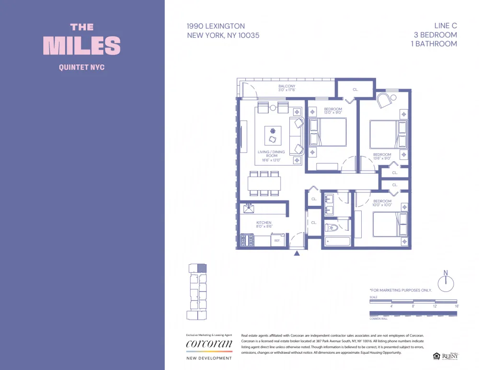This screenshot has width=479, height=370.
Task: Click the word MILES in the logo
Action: [x=82, y=45]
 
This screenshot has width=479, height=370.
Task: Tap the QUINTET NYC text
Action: [x=82, y=67]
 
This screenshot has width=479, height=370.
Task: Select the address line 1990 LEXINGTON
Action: [x=216, y=26]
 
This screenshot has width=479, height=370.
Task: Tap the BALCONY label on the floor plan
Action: [x=287, y=87]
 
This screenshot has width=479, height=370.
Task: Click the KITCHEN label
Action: [x=263, y=223]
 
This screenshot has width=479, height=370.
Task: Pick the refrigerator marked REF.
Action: [x=277, y=241]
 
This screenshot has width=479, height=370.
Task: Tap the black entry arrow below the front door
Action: [x=297, y=253]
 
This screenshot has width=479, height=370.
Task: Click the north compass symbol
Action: [x=446, y=283]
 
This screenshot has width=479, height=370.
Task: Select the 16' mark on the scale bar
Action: [x=456, y=306]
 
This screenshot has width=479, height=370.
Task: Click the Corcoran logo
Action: [x=209, y=344]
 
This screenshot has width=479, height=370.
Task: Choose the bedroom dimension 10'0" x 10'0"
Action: [x=382, y=204]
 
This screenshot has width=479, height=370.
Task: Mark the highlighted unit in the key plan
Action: [x=202, y=269]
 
